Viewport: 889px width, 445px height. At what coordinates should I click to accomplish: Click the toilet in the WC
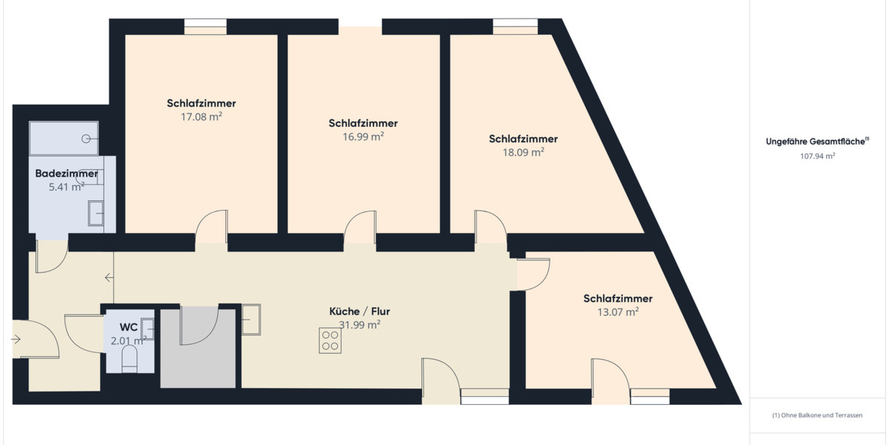(129, 360)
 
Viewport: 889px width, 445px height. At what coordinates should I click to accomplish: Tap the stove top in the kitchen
(330, 341)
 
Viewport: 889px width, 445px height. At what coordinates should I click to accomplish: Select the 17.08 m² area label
(202, 117)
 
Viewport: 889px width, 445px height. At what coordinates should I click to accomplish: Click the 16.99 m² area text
(363, 136)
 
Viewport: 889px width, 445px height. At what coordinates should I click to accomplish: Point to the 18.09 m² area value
(523, 152)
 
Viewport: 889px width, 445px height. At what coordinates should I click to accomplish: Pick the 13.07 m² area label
(618, 312)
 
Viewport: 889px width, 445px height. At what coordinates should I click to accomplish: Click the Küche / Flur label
(359, 311)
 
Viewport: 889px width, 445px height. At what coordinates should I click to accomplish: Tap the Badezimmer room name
(67, 174)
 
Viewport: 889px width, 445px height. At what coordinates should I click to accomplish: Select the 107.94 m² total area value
(817, 156)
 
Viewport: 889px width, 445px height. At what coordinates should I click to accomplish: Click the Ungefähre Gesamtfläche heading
(816, 141)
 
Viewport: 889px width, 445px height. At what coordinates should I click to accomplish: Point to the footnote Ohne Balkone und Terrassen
(817, 415)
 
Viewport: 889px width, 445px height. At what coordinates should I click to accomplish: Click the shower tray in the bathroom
(63, 138)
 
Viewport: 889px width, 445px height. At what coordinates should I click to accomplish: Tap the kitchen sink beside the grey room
(250, 319)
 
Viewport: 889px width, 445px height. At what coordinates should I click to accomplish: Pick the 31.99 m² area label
(359, 325)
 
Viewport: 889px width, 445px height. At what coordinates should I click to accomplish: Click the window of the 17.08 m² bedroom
(205, 30)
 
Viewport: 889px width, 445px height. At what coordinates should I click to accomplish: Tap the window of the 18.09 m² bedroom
(516, 30)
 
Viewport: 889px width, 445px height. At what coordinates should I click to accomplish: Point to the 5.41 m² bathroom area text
(67, 187)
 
